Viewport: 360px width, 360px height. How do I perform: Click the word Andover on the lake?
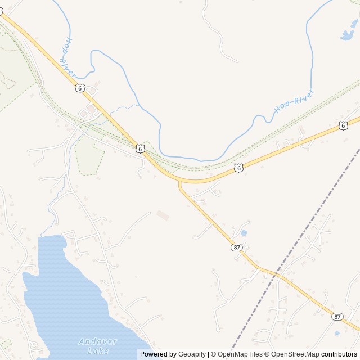[x=97, y=341]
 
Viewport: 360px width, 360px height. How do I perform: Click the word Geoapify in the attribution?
[x=192, y=354]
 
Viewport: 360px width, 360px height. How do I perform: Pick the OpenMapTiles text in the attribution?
[x=240, y=354]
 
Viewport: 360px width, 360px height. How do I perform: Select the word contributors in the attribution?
[x=339, y=354]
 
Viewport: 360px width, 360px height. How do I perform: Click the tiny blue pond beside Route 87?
[x=244, y=232]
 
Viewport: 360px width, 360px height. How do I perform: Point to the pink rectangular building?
[x=163, y=215]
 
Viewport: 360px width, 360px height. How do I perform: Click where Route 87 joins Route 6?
[x=180, y=181]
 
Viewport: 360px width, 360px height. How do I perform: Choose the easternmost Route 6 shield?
[x=343, y=125]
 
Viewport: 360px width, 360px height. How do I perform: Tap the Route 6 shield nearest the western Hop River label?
[x=80, y=88]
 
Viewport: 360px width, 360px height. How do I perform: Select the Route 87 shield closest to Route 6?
[x=236, y=247]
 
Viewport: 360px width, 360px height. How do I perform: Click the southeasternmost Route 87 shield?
[x=337, y=317]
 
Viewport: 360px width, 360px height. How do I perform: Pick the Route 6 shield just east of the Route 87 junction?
[x=239, y=168]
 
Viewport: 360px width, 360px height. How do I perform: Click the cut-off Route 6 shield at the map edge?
[x=1, y=11]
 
